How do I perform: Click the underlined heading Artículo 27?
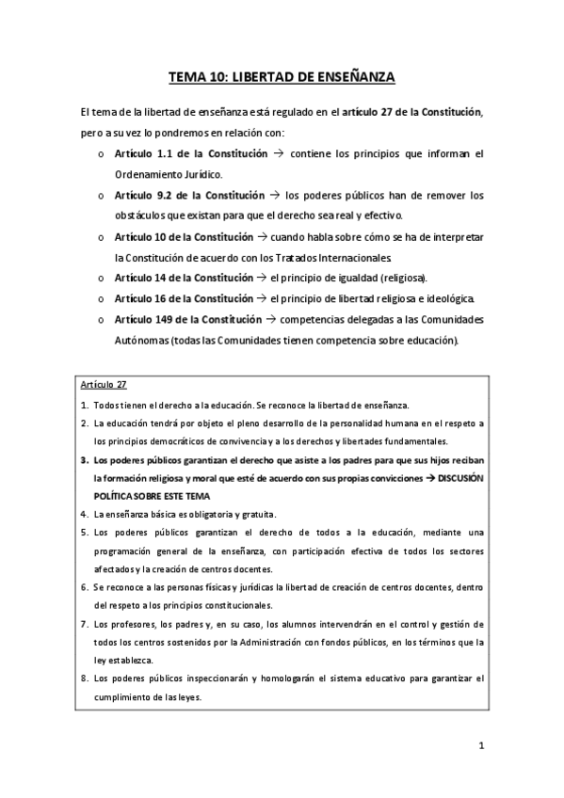[104, 385]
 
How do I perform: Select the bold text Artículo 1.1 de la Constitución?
[184, 153]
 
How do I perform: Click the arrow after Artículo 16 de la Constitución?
[262, 299]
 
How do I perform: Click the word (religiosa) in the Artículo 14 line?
[400, 279]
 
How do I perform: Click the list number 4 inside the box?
[83, 514]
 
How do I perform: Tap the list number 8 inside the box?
[83, 678]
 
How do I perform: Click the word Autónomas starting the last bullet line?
[136, 341]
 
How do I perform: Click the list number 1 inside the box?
[83, 405]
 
